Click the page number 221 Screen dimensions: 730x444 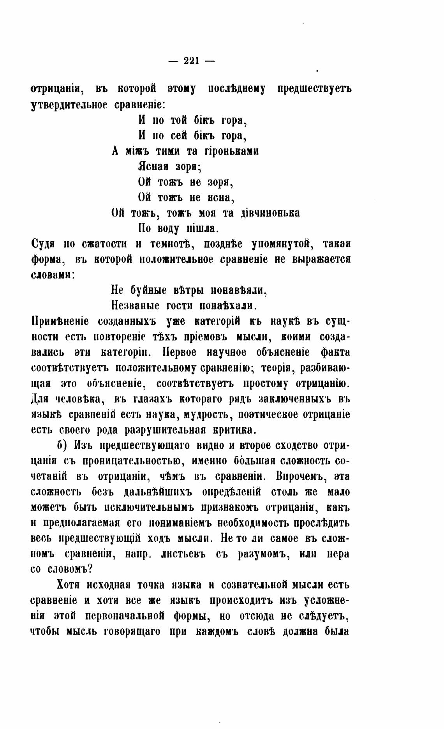point(191,61)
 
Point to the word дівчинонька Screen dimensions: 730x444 point(270,213)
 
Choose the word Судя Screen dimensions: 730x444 point(42,244)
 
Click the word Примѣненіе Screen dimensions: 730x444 point(60,321)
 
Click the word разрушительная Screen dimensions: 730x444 point(165,430)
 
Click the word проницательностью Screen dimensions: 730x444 point(130,461)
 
